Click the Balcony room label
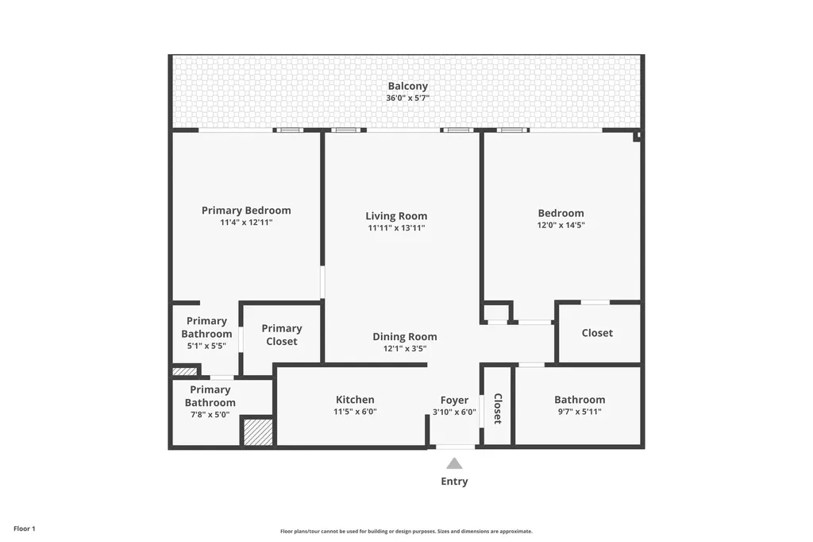407,86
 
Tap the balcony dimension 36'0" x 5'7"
407,99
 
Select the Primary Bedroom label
246,211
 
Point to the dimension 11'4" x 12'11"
246,223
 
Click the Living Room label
396,216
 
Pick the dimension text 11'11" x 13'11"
396,228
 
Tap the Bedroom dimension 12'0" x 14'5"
561,225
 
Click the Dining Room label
405,337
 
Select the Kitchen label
355,400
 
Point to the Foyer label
454,401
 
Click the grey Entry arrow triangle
454,463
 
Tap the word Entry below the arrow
454,482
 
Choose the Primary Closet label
282,335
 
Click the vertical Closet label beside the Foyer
498,408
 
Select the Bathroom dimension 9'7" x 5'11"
580,412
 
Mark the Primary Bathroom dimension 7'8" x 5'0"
210,414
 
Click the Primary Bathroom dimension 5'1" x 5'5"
206,346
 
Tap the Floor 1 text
25,528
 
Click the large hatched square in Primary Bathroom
257,432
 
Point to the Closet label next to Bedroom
597,333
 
